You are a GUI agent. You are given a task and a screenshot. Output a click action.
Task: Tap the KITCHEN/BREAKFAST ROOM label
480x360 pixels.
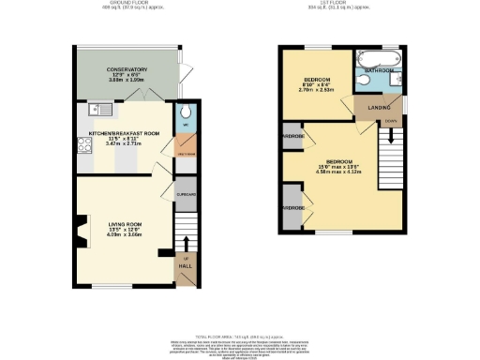pyautogui.click(x=124, y=134)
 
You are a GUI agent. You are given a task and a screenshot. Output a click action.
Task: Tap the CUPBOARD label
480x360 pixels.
pyautogui.click(x=186, y=194)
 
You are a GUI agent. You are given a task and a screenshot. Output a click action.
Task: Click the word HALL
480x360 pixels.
pyautogui.click(x=185, y=265)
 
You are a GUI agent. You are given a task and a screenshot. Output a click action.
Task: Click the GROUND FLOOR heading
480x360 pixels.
pyautogui.click(x=133, y=4)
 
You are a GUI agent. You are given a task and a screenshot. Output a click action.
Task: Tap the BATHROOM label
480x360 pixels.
pyautogui.click(x=378, y=70)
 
